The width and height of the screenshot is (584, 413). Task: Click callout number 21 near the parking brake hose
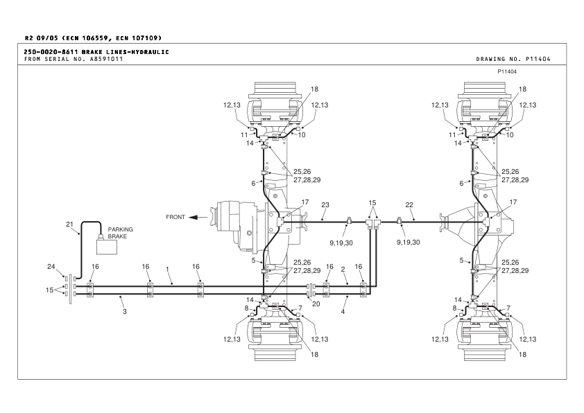(69, 225)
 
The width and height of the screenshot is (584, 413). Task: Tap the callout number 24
(51, 266)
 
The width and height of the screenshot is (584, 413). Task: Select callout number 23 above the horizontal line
(325, 204)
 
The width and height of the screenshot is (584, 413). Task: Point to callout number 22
(409, 204)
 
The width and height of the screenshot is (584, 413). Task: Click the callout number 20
(316, 304)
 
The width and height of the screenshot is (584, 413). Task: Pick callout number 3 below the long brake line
(125, 311)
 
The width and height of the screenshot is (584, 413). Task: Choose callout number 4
(343, 311)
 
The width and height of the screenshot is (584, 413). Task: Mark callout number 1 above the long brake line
(168, 269)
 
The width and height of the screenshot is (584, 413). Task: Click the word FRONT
(175, 217)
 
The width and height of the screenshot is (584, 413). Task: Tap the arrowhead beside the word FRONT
(193, 218)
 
